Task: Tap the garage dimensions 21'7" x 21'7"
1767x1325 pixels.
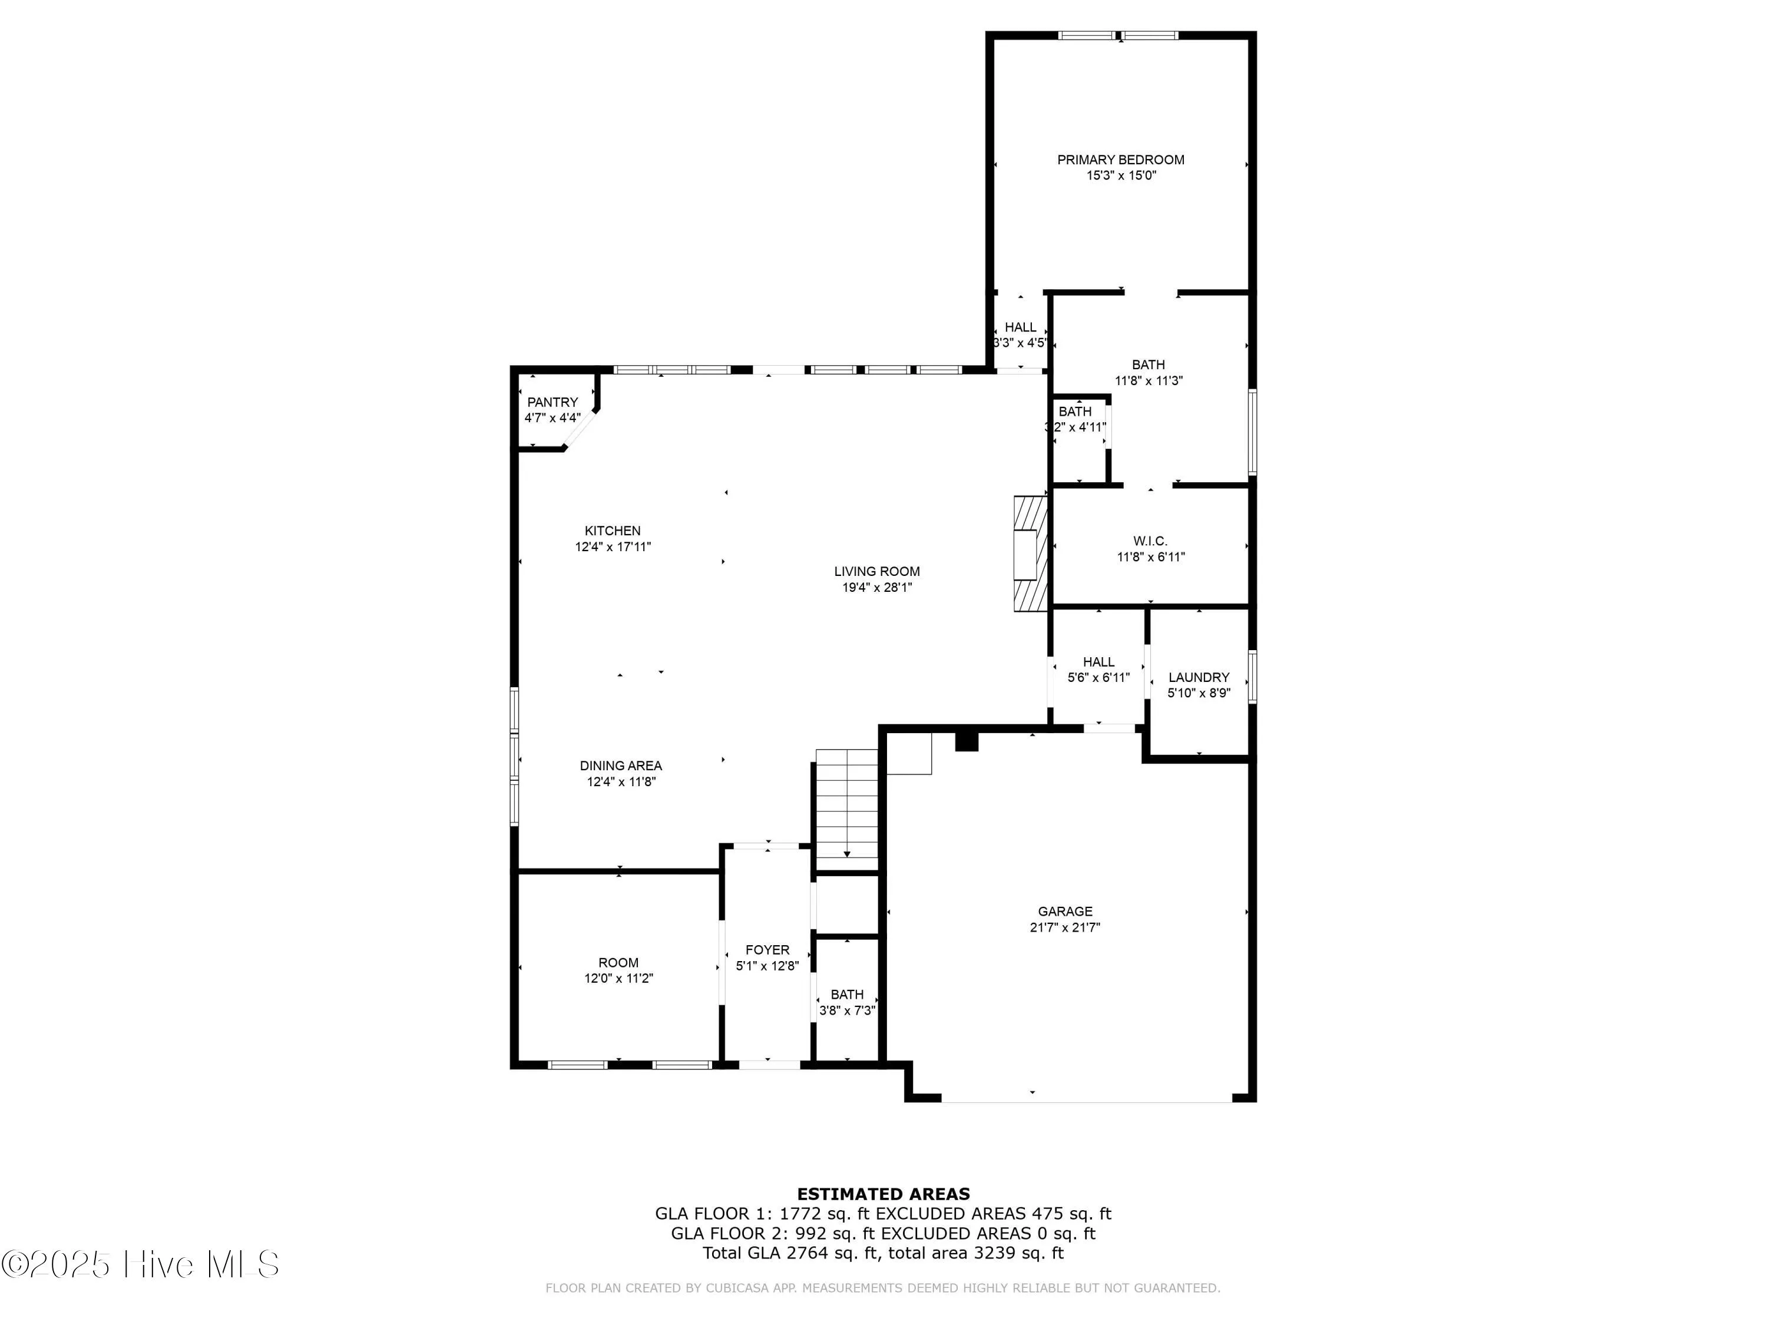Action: click(x=1065, y=927)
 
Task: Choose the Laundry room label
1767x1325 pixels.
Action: click(x=1198, y=677)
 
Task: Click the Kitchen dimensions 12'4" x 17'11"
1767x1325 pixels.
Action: click(x=613, y=547)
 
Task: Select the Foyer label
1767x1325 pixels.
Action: click(x=767, y=950)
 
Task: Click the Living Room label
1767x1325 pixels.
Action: click(x=876, y=571)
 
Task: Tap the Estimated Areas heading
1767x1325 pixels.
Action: click(x=883, y=1194)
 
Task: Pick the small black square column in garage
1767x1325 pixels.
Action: click(x=967, y=742)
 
